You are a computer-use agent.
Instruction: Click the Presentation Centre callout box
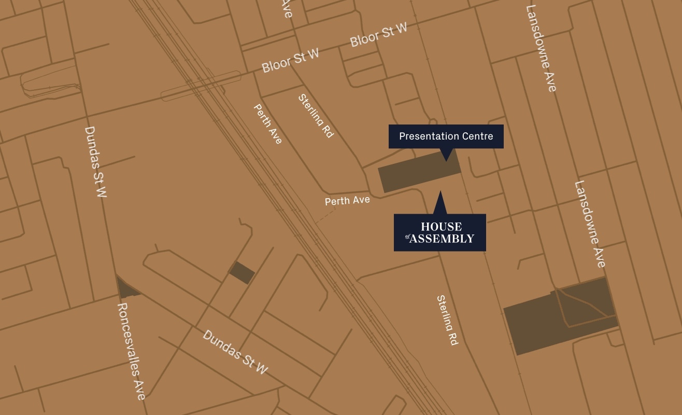[446, 136]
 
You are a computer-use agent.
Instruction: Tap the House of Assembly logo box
[439, 232]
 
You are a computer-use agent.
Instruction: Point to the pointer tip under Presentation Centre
[446, 159]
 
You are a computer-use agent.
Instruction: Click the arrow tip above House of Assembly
[441, 193]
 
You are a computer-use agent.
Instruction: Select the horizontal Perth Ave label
[347, 200]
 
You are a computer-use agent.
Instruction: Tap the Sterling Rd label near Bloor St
[316, 116]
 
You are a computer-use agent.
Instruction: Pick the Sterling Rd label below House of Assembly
[447, 320]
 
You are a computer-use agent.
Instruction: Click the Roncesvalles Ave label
[131, 351]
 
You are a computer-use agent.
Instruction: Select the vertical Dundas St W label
[96, 162]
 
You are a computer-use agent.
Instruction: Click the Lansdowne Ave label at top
[541, 48]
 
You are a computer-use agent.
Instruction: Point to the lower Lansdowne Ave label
[590, 224]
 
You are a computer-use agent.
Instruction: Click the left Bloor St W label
[290, 61]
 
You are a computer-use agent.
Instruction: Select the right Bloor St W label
[378, 35]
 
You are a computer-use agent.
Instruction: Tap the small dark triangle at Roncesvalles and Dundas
[125, 288]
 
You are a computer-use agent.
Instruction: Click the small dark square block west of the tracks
[241, 273]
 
